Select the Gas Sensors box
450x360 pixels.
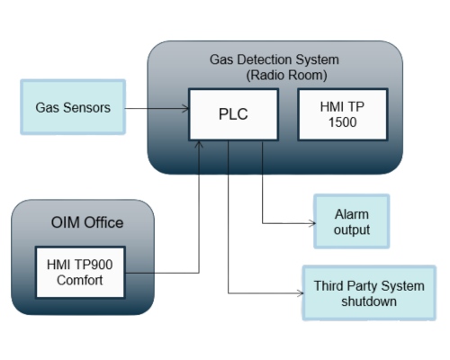[73, 107]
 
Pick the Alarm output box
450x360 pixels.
[352, 220]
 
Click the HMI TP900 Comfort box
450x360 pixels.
[80, 273]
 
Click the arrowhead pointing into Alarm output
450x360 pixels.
[306, 221]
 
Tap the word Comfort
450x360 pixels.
[80, 281]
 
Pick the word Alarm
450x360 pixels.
[352, 213]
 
